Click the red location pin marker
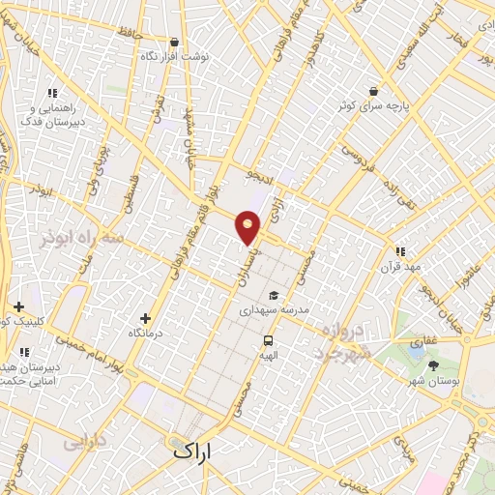[248, 226]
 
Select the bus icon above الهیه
[269, 340]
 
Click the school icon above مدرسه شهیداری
[274, 296]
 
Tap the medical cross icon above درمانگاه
[146, 317]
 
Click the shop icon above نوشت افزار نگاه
[174, 42]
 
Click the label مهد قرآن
[400, 265]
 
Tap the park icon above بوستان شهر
[432, 364]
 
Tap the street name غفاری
[423, 341]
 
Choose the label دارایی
[84, 443]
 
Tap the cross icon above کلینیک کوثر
[18, 306]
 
